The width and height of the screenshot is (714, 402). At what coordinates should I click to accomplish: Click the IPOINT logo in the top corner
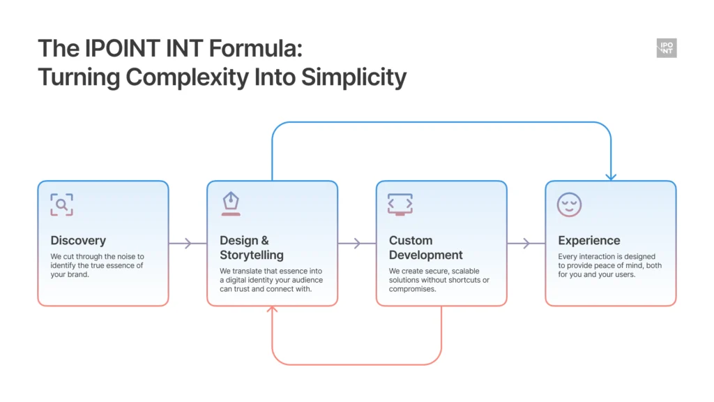(667, 48)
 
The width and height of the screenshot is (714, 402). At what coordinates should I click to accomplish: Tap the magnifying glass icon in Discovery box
(61, 204)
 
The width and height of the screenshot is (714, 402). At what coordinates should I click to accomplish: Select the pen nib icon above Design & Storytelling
(231, 204)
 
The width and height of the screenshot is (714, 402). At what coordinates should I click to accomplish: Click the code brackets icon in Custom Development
(400, 204)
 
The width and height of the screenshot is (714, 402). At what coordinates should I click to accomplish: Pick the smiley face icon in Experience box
(569, 204)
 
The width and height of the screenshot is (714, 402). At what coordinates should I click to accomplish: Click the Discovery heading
(78, 240)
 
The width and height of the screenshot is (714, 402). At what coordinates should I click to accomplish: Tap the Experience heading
(588, 240)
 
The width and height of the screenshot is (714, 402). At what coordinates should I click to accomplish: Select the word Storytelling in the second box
(252, 255)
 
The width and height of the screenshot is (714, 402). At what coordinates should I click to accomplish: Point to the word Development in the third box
(426, 255)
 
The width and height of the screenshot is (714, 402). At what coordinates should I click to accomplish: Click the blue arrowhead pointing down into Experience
(611, 177)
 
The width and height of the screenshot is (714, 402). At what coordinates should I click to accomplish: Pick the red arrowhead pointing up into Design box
(273, 310)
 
